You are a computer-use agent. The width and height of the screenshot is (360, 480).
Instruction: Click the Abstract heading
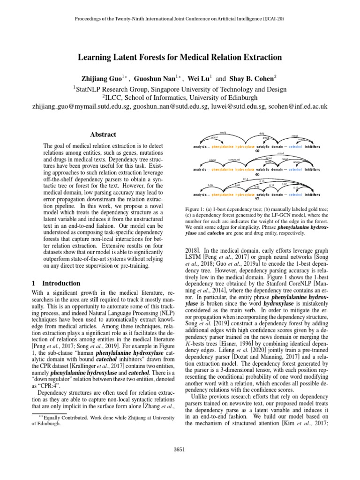[103, 134]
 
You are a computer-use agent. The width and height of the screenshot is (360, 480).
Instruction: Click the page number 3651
[180, 449]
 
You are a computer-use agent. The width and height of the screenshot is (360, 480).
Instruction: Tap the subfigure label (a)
[257, 151]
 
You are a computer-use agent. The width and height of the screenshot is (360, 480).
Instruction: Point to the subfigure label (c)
[257, 198]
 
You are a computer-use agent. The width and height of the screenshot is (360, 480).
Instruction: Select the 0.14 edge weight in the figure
[246, 179]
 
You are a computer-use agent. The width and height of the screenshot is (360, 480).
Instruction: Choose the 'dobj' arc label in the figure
[262, 134]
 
